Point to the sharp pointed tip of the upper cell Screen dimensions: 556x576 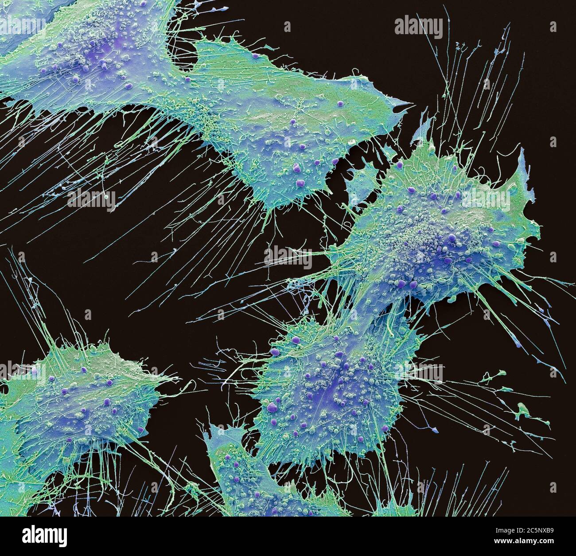click(x=410, y=105)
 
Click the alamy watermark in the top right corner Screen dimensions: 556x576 click(x=418, y=27)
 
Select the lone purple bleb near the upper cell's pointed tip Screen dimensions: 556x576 click(x=340, y=103)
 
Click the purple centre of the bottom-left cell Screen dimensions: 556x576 click(x=80, y=399)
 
